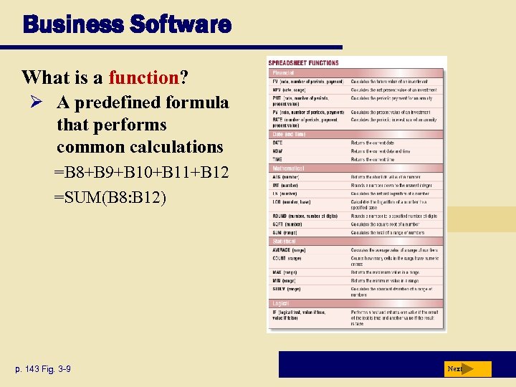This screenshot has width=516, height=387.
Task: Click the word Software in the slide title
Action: point(180,25)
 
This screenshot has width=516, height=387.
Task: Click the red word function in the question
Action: point(143,76)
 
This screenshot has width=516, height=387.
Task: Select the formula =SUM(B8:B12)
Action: point(110,196)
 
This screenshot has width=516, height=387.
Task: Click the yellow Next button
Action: point(466,369)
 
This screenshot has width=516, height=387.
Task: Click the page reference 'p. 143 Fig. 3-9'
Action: point(40,369)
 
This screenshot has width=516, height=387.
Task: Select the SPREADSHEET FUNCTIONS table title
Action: point(304,63)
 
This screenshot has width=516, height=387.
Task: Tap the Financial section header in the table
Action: point(282,72)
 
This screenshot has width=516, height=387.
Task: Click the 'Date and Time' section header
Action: point(289,134)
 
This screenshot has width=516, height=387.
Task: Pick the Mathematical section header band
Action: point(288,168)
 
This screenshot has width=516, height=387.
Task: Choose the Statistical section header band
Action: point(286,242)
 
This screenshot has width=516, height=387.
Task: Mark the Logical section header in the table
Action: point(282,304)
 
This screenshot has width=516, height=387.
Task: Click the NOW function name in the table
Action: point(277,151)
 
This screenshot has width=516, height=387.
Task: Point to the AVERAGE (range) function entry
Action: point(289,250)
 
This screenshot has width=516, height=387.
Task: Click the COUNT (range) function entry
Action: point(287,258)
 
